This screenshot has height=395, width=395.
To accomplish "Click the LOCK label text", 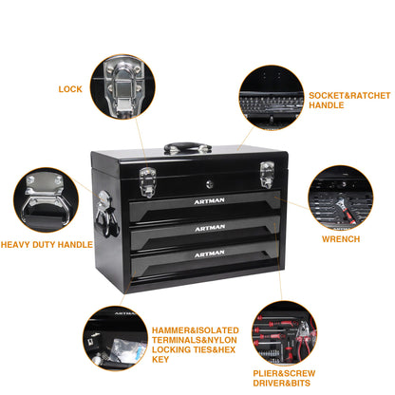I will [69, 88].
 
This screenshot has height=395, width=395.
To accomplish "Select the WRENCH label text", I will [341, 238].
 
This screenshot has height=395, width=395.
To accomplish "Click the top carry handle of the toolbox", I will [187, 148].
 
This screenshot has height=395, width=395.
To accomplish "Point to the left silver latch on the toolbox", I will [147, 179].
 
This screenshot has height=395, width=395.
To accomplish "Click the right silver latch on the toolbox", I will [268, 176].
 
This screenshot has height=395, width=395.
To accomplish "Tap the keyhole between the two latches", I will [213, 177].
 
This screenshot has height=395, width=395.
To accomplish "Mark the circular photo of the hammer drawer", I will [115, 337].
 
